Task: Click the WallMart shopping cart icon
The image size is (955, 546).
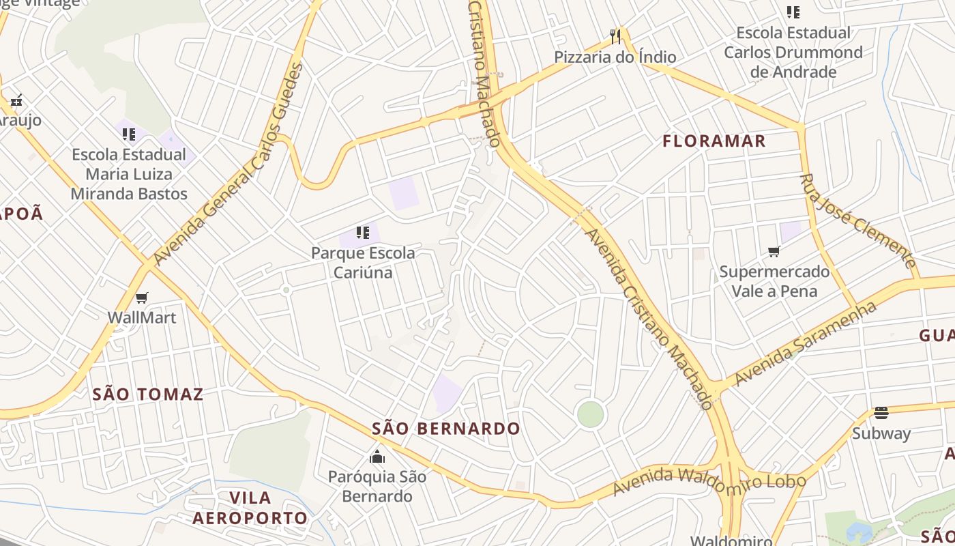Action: click(142, 298)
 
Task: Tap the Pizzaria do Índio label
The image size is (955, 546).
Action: click(615, 57)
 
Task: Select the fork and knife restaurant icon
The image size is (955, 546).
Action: click(615, 35)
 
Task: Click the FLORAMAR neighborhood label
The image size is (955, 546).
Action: click(714, 141)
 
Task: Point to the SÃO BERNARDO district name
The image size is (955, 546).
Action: click(446, 429)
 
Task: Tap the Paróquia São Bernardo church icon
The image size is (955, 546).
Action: click(377, 457)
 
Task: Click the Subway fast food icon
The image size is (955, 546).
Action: click(881, 413)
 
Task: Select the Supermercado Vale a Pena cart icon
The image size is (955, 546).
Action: click(774, 252)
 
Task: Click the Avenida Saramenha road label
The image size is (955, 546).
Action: click(805, 343)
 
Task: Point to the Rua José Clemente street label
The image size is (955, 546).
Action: click(858, 220)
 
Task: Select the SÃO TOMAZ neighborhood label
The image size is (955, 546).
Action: click(148, 394)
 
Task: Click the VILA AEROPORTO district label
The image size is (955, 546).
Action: click(250, 508)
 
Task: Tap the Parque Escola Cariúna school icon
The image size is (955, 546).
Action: click(363, 233)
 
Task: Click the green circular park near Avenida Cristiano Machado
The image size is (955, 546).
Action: click(590, 414)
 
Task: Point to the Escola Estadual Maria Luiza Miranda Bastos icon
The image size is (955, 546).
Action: click(129, 134)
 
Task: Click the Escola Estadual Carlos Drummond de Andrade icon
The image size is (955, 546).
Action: click(793, 12)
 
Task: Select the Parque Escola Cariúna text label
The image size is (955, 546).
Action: click(363, 263)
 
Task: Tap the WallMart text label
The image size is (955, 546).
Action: click(142, 317)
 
